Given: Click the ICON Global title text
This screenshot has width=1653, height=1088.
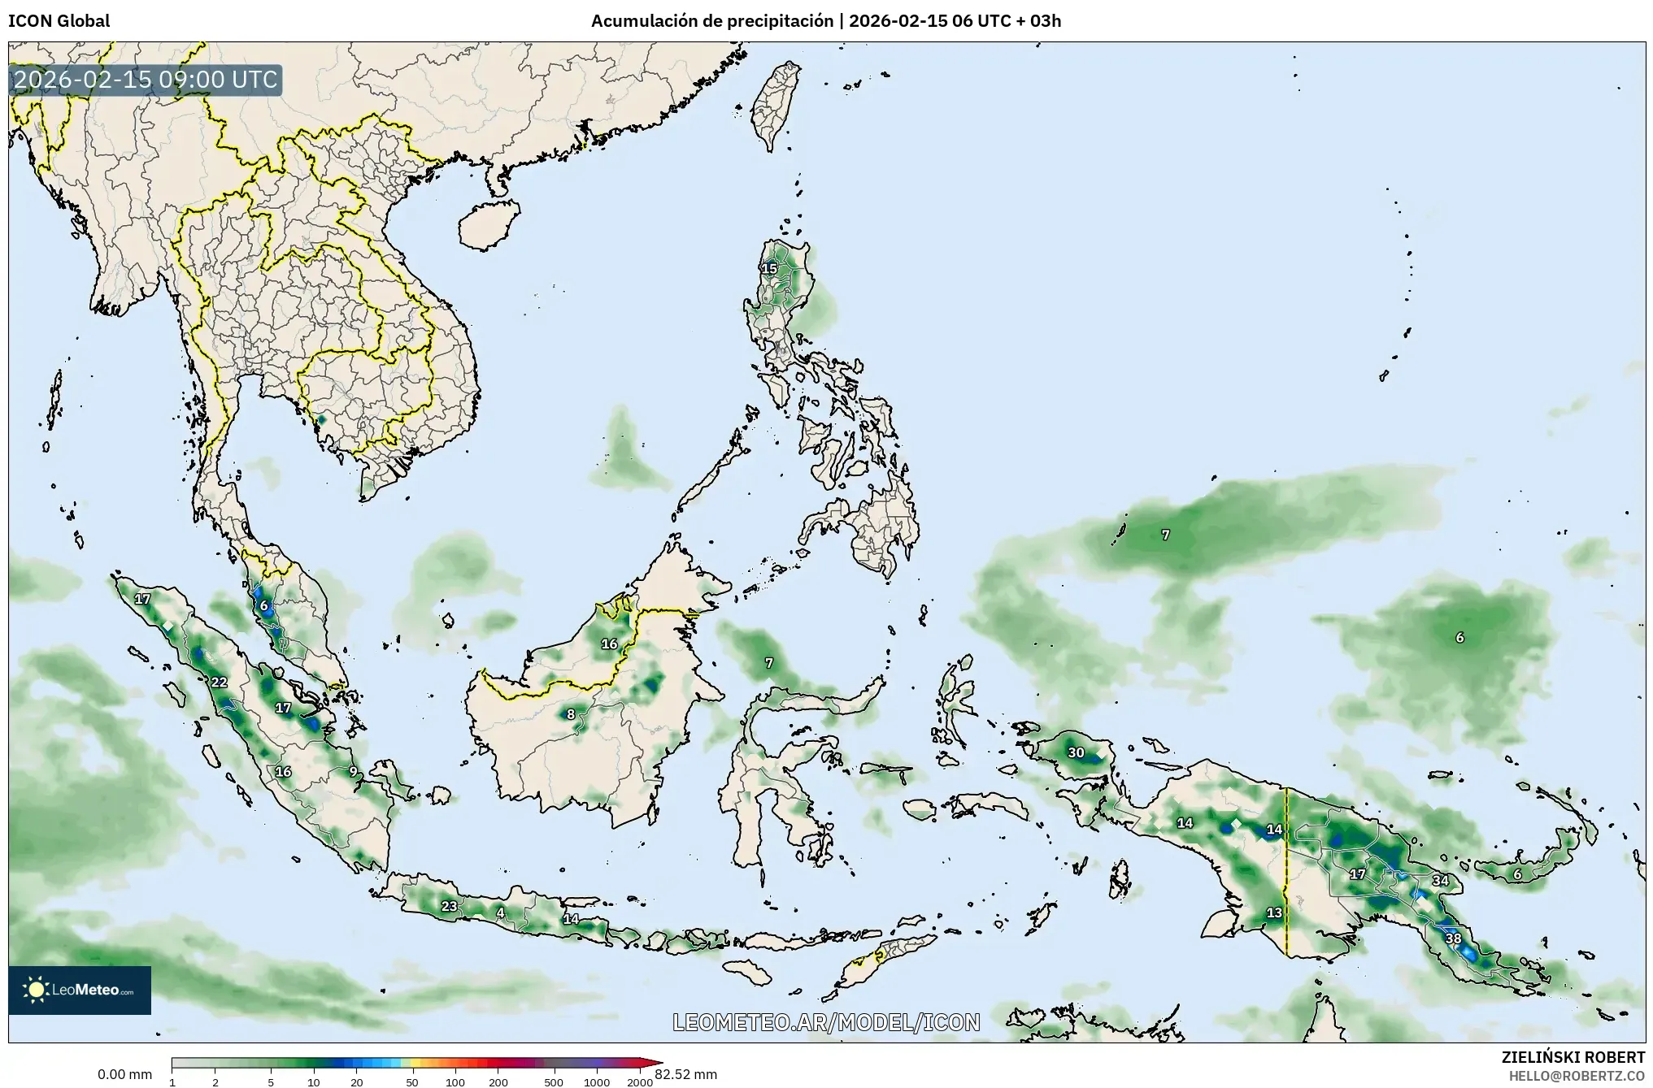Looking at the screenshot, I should coord(59,21).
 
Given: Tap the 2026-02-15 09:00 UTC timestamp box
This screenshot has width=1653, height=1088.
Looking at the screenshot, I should coord(146,80).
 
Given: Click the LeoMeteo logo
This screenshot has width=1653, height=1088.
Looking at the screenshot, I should coord(80,990).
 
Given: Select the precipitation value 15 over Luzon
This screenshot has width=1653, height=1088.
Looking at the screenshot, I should coord(769,269).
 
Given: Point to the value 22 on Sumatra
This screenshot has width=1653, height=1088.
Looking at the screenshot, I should coord(219,682).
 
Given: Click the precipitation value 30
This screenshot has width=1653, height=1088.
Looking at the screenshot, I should coord(1076,752).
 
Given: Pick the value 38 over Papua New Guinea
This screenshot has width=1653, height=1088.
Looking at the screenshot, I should coord(1453,938).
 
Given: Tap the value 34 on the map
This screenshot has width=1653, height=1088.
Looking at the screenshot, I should coord(1440,880).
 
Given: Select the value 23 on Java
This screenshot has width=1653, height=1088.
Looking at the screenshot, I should coord(449,906).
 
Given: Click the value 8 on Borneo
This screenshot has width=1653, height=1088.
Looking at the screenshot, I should coord(571,714).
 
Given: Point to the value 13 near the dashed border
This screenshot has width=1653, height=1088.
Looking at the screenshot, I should coord(1274,912).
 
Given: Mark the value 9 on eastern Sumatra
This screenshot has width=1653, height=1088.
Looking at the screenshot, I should coord(353,771).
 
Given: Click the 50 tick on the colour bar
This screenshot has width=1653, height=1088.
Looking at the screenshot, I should coord(412,1081).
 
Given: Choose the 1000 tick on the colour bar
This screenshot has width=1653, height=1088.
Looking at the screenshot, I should coord(596,1081).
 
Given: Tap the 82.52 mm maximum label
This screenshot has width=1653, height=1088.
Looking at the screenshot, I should coord(685,1074).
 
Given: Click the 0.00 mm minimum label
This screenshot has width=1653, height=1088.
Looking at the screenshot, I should coord(124,1074).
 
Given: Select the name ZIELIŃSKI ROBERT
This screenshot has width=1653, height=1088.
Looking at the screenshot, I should coord(1573,1057).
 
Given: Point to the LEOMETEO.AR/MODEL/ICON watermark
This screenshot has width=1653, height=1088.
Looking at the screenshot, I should coord(826,1022).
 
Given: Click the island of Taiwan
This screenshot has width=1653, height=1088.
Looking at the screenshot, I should coord(772,106).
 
